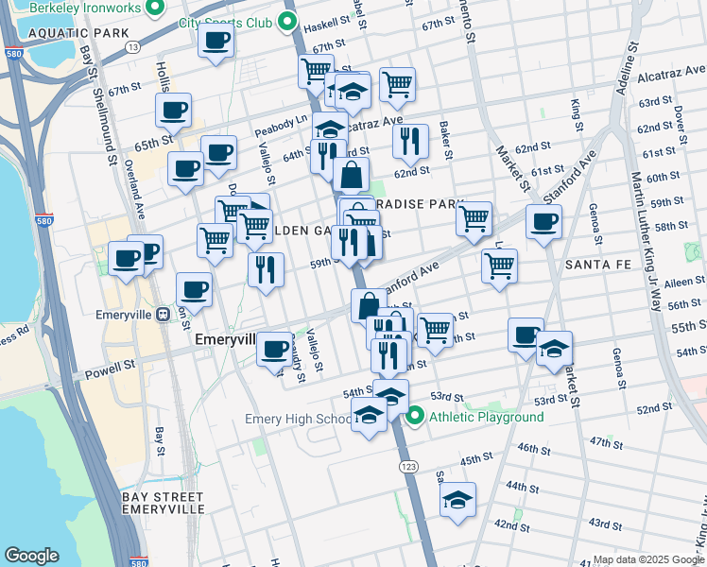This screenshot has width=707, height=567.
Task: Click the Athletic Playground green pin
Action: pyautogui.click(x=414, y=416)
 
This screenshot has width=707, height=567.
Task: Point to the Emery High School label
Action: pyautogui.click(x=297, y=419)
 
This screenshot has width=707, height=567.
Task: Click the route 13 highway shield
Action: pyautogui.click(x=132, y=46)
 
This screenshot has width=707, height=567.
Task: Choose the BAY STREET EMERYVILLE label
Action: pyautogui.click(x=164, y=503)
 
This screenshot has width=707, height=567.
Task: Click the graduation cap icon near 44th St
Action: pyautogui.click(x=457, y=500)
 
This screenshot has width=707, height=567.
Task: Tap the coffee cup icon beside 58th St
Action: pyautogui.click(x=543, y=223)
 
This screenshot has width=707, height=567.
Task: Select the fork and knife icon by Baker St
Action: pyautogui.click(x=410, y=141)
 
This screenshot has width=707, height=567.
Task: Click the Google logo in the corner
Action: pyautogui.click(x=31, y=556)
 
